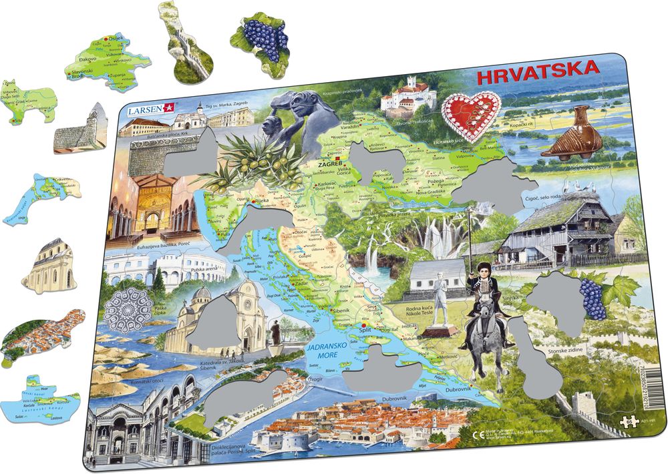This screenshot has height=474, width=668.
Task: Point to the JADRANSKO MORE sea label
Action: pos(325,351)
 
